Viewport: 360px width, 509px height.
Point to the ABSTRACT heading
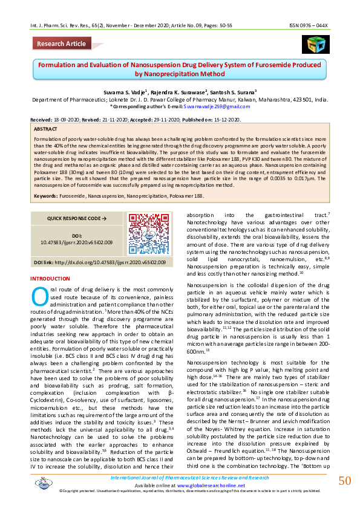point(46,129)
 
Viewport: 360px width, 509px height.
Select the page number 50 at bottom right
point(344,481)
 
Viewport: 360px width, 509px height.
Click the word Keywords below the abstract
point(45,196)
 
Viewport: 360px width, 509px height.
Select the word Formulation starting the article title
point(59,64)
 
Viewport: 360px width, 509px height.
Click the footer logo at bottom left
point(44,482)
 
